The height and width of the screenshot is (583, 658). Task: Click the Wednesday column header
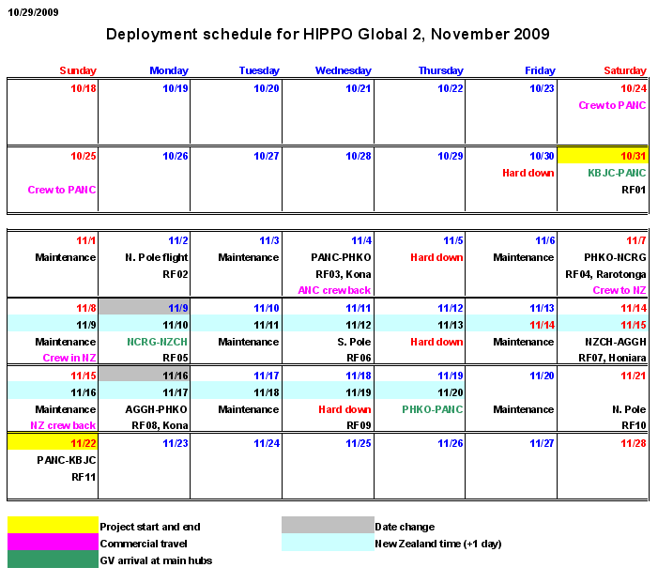[343, 70]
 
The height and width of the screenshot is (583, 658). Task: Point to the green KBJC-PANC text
[617, 173]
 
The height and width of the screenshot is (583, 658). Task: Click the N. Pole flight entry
[156, 257]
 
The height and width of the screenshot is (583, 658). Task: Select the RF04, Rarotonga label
[605, 274]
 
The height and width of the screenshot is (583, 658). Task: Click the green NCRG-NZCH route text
[158, 342]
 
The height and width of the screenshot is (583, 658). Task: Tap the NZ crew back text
[63, 425]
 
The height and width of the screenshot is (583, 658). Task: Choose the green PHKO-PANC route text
[433, 409]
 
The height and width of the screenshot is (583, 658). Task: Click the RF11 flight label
[84, 477]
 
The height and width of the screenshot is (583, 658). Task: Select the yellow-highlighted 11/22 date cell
[53, 442]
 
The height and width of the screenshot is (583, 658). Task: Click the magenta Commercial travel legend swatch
[53, 543]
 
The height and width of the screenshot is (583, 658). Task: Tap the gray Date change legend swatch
[328, 527]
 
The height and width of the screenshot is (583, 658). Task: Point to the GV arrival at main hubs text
[155, 560]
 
